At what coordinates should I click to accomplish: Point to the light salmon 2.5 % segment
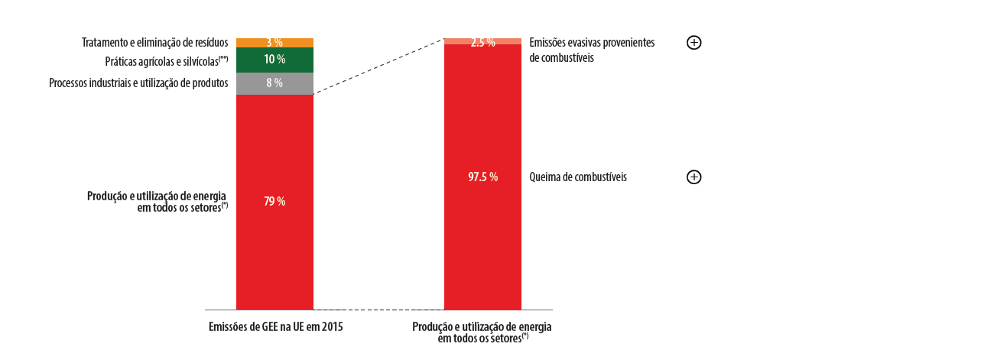coord(459,41)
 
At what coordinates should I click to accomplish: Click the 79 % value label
coord(274,202)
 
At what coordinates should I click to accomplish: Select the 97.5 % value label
coord(482,177)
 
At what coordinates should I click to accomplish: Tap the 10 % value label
coord(274,60)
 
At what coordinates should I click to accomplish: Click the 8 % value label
coord(274,83)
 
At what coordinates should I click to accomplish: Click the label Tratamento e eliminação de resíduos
coord(154,43)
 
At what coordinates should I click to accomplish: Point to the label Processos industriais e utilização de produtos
coord(138,83)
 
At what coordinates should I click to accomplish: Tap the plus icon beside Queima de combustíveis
coord(694,177)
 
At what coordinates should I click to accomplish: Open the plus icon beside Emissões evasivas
coord(694,43)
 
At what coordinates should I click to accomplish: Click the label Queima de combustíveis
coord(577,177)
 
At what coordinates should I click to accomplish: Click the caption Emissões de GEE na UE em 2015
coord(275,326)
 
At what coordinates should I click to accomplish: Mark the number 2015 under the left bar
coord(332,326)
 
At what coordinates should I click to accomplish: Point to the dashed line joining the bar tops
coord(378,66)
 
